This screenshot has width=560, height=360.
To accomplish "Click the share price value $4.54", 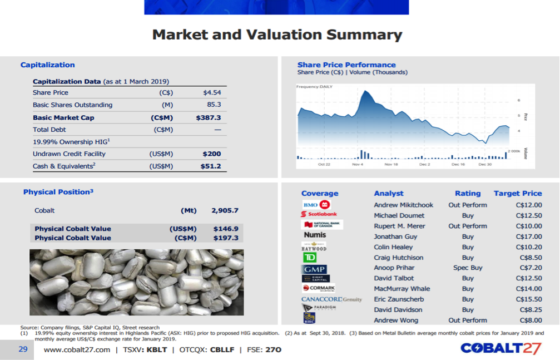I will (x=212, y=92).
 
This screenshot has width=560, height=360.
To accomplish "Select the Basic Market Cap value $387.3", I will (x=209, y=117).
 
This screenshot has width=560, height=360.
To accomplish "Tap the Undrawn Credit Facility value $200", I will (x=212, y=154).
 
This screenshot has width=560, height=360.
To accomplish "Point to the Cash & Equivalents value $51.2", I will (x=210, y=166).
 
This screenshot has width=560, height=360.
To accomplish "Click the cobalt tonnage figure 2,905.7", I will (x=225, y=211).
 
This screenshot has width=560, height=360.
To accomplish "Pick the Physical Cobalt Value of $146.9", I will (x=225, y=229).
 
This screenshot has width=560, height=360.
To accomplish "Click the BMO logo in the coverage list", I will (x=316, y=204).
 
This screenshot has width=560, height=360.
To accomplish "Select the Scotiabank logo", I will (x=319, y=214).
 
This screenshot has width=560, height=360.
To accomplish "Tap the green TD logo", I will (x=310, y=257).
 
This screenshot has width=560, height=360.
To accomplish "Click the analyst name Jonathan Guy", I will (x=395, y=236).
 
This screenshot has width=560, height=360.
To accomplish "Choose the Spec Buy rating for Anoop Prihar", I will (x=468, y=268).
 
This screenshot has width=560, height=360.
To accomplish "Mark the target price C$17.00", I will (x=528, y=236).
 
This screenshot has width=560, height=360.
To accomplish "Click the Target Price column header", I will (x=517, y=193).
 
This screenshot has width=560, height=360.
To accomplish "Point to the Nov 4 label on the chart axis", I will (x=358, y=165).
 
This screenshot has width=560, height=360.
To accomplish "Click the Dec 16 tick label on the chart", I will (x=458, y=165).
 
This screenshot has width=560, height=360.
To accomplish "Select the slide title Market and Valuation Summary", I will (x=277, y=35).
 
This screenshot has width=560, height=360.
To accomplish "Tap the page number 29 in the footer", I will (x=23, y=349).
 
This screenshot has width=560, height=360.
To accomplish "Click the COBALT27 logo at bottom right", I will (x=500, y=348).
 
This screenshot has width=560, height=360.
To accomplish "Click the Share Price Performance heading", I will (x=346, y=65).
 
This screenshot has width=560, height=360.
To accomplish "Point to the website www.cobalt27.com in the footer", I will (x=77, y=349).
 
